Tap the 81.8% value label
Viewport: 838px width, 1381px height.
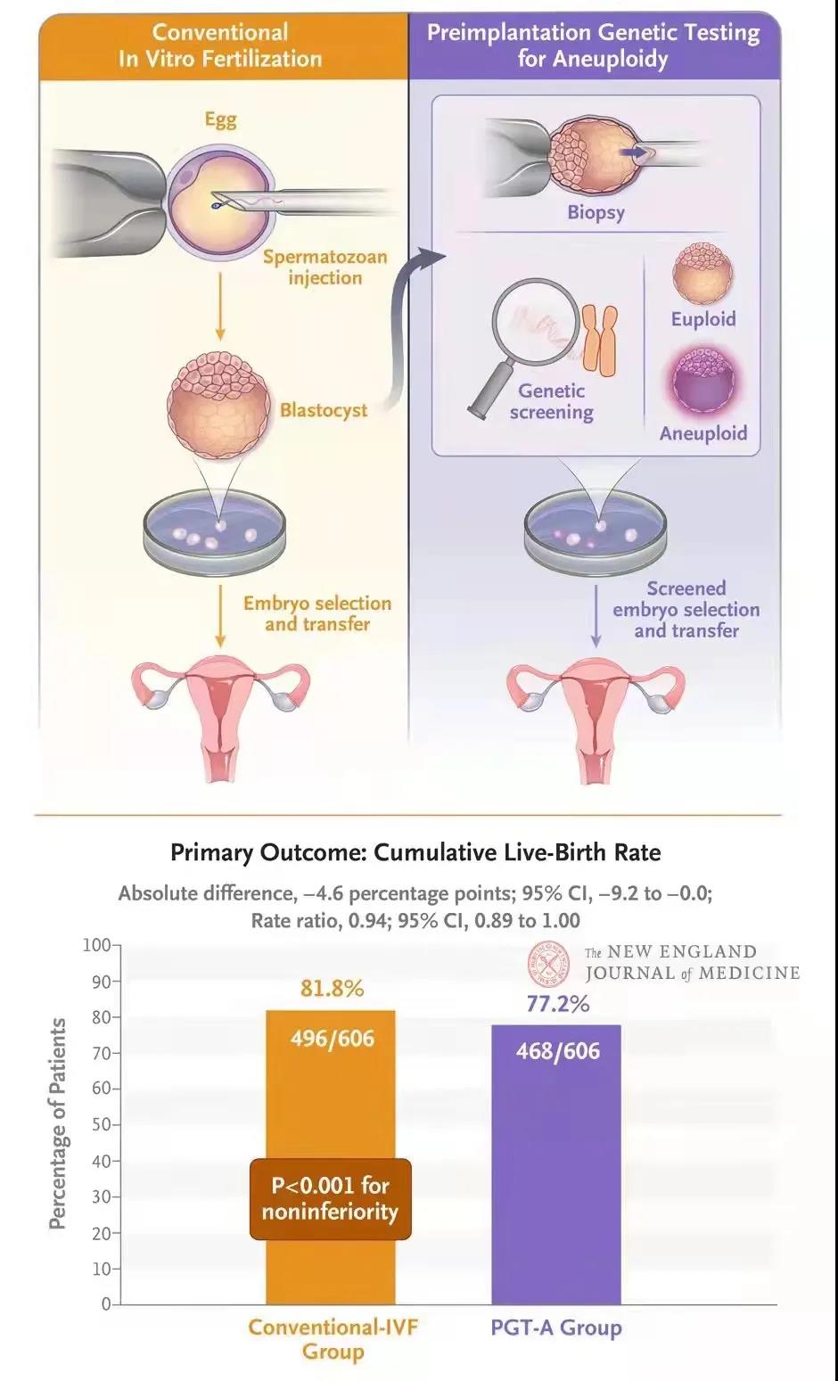(331, 989)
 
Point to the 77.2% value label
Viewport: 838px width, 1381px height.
(558, 1004)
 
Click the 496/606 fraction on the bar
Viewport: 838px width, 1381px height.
(332, 1039)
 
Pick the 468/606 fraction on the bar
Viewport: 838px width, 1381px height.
(558, 1051)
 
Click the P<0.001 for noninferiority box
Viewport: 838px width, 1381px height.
(330, 1198)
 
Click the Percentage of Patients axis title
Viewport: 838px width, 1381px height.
(58, 1123)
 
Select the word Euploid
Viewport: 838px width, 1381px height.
(703, 319)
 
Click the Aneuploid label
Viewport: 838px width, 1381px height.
(703, 433)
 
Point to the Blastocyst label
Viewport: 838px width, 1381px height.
(324, 410)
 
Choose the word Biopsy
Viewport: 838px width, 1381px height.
(596, 212)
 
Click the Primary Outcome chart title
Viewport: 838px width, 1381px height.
(415, 852)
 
